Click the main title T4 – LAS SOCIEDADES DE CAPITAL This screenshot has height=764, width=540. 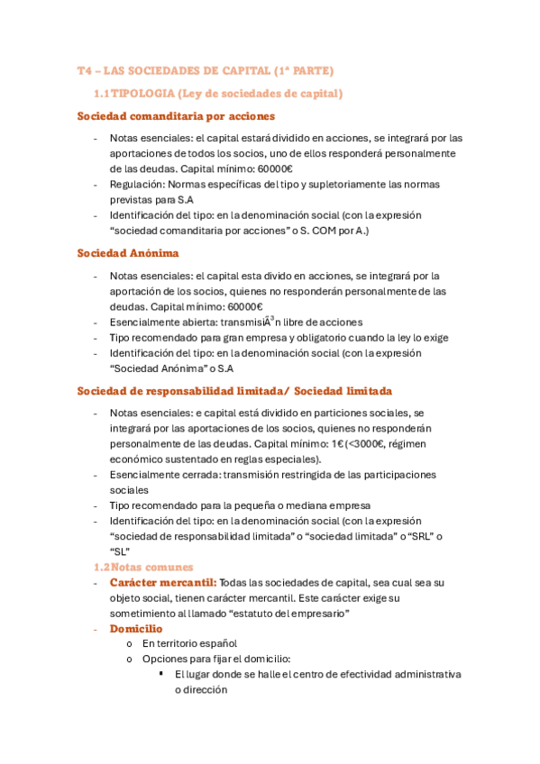(206, 70)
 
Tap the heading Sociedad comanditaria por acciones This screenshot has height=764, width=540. (176, 116)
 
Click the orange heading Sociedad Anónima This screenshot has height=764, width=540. (128, 253)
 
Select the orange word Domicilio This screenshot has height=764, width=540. (136, 628)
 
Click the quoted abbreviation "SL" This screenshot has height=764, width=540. (120, 551)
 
